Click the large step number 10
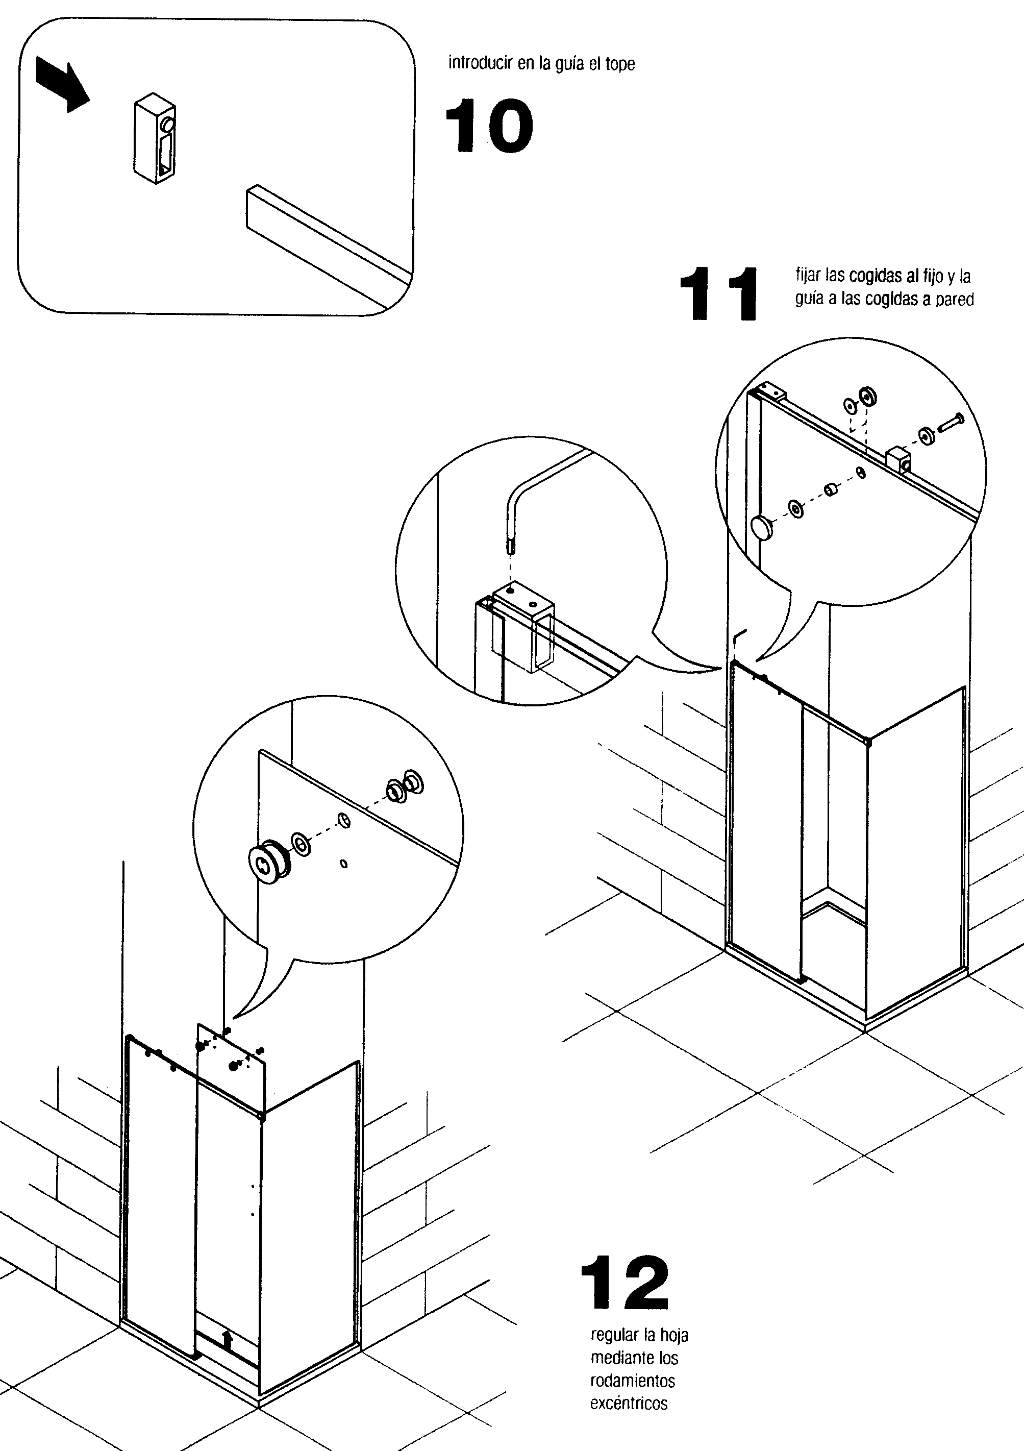(x=489, y=126)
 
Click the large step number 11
(x=718, y=293)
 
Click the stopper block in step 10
(x=155, y=138)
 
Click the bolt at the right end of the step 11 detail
(x=950, y=422)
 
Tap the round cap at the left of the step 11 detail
(x=762, y=526)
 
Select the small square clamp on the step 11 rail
(x=898, y=459)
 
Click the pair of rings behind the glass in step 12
(x=405, y=786)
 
